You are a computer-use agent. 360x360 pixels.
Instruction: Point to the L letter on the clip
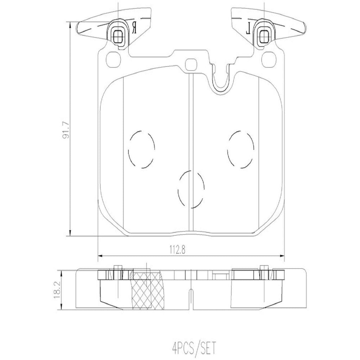pos(248,27)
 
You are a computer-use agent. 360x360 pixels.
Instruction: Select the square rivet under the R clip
pos(118,34)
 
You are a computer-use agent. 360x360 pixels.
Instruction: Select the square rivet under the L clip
pos(263,34)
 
